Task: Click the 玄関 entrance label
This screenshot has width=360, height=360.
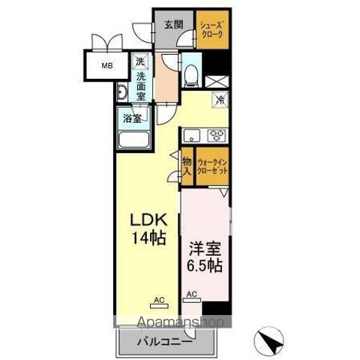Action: (173, 24)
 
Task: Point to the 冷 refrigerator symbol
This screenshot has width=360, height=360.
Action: (220, 99)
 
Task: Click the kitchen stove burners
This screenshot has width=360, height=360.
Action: (218, 135)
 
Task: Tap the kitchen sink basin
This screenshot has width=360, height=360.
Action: (191, 135)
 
